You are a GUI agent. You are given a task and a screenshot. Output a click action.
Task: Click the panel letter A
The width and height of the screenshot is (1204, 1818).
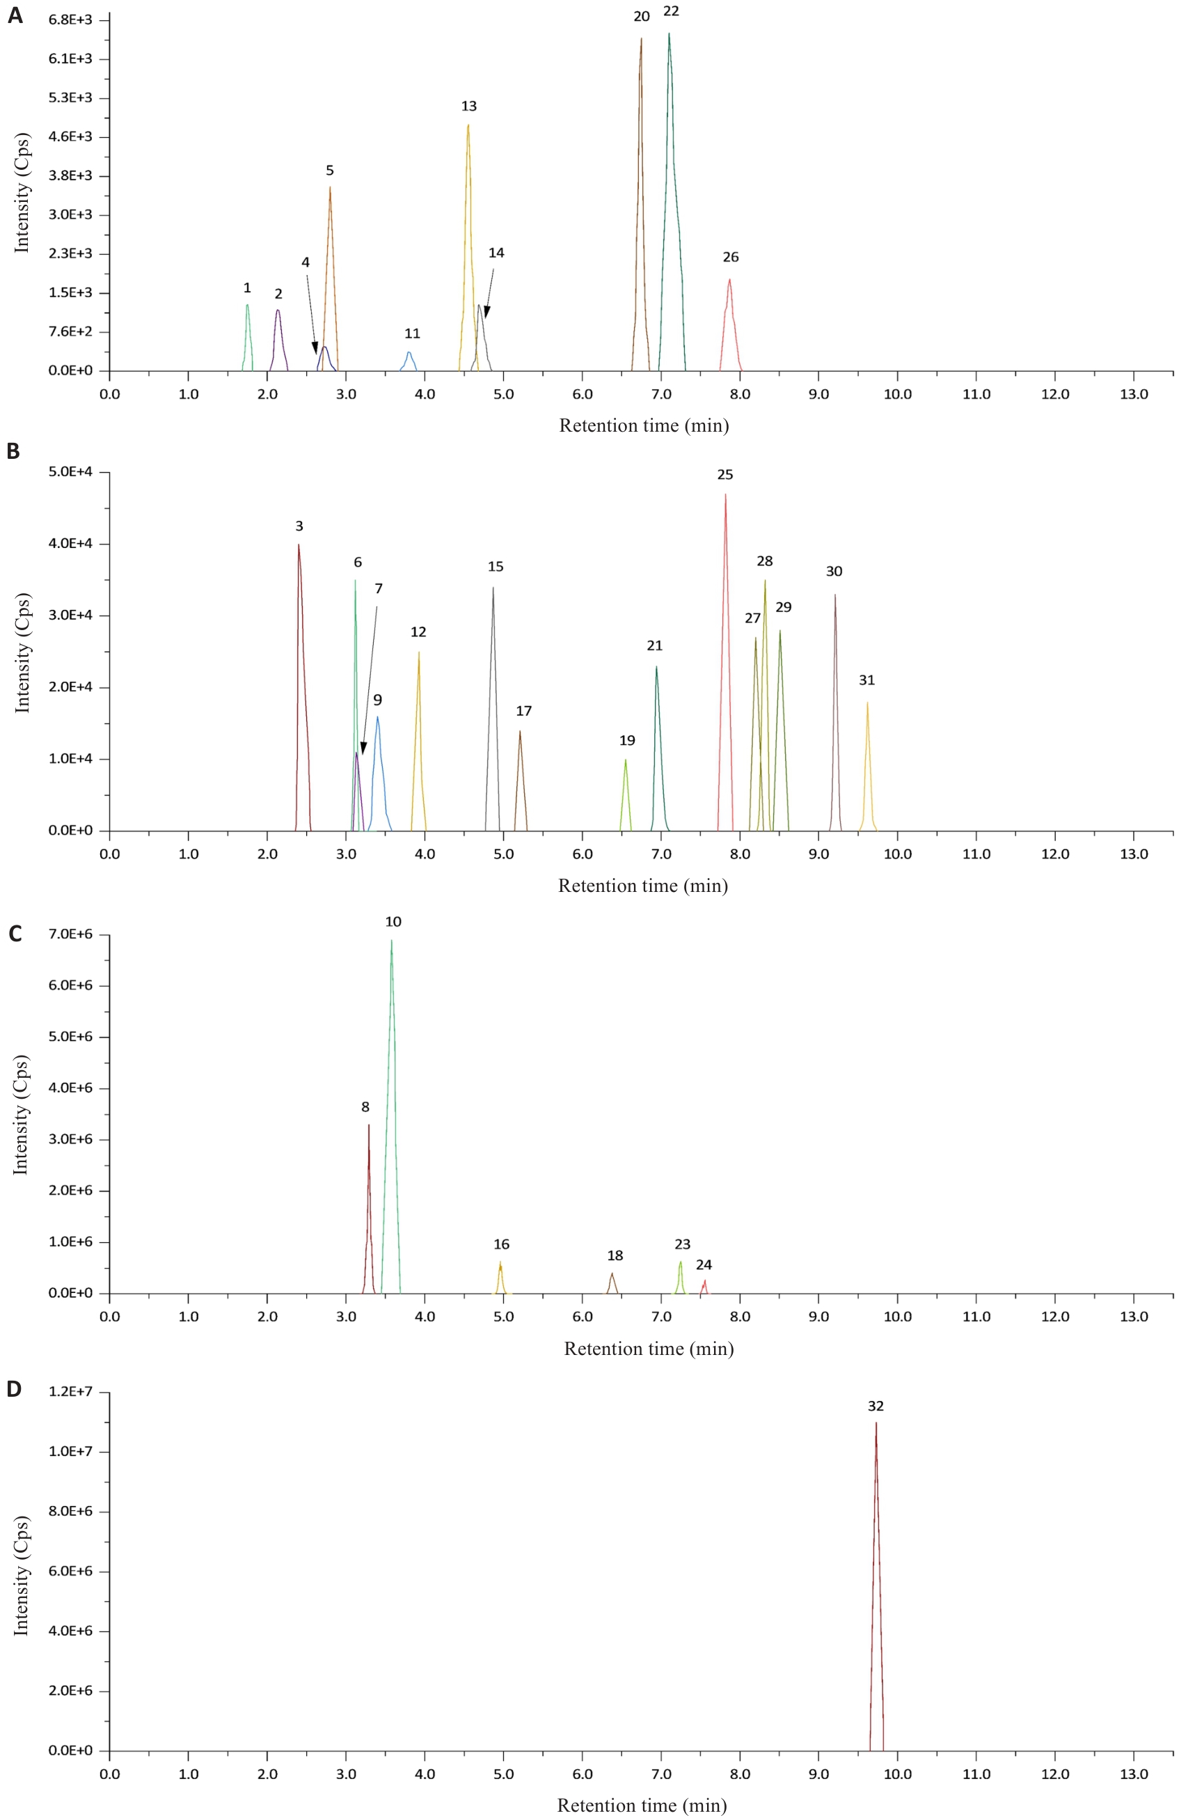(x=15, y=15)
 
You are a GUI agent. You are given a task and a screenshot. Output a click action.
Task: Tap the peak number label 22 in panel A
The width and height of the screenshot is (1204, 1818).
(x=671, y=12)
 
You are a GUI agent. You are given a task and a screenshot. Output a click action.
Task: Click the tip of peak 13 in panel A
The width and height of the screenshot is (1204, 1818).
(x=468, y=125)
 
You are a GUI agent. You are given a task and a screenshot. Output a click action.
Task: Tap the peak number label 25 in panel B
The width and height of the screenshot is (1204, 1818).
(x=725, y=476)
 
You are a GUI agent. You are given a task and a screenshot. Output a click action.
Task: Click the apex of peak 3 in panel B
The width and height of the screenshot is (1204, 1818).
(x=299, y=545)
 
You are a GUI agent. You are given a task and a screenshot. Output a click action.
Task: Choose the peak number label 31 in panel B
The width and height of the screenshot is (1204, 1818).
(x=867, y=680)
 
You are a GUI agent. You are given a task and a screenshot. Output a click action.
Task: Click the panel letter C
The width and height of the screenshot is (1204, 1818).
(x=15, y=934)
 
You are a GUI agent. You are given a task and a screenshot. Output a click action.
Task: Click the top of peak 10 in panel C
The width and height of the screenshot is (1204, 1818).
(x=392, y=941)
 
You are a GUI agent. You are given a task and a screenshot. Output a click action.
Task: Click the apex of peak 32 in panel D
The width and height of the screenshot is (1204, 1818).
(x=876, y=1424)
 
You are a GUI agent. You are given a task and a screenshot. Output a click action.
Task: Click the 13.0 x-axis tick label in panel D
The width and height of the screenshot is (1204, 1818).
(x=1133, y=1775)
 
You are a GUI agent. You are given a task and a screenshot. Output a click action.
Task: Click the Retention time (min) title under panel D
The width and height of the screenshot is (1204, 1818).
(x=642, y=1805)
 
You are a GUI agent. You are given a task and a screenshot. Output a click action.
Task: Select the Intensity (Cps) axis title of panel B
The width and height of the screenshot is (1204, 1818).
(x=22, y=653)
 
